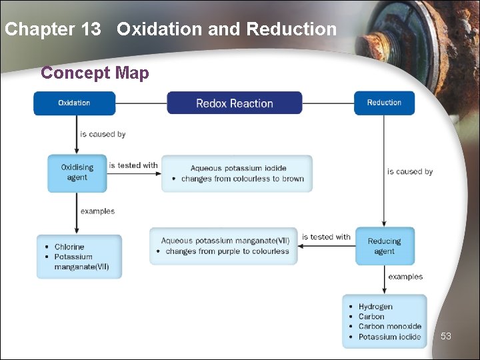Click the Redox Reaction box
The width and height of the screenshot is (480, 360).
pos(234,103)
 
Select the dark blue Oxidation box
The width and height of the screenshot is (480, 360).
pos(75,103)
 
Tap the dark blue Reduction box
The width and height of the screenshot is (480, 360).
pos(384,103)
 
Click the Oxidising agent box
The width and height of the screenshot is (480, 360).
pos(77,173)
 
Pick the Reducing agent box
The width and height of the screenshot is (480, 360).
pos(384,246)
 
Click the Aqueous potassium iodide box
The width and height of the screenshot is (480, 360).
pos(237,173)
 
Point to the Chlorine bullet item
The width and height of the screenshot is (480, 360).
pos(69,247)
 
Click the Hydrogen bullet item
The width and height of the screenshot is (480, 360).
pos(375,307)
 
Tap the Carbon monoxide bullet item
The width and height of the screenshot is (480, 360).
pos(389,327)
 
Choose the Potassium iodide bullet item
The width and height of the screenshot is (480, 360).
pos(389,337)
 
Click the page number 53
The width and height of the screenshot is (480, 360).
pos(446,336)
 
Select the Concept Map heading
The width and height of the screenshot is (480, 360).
pos(95,73)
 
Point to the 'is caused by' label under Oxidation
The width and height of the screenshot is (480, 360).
pos(103,134)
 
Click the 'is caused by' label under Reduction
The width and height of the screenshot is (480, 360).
pos(410,171)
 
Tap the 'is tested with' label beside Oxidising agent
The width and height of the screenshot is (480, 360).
pos(133,165)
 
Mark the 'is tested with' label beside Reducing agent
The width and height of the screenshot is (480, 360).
pos(326,237)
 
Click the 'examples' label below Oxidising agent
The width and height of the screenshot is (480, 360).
pos(97,211)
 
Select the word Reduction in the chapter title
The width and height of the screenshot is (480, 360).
pos(291,29)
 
